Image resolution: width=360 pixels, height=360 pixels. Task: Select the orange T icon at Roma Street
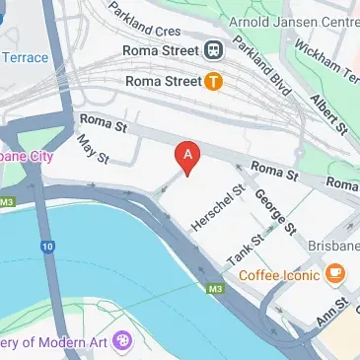click(213, 83)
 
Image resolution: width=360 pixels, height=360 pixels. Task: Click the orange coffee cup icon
click(335, 272)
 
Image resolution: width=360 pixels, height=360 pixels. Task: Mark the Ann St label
click(333, 317)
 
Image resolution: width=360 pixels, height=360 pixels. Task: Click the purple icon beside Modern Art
click(123, 342)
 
